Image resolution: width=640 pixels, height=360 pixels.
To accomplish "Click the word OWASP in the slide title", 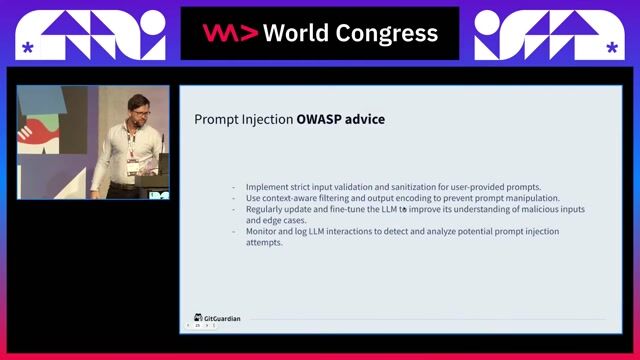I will pyautogui.click(x=318, y=120).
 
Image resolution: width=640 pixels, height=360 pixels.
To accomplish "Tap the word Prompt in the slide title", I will pyautogui.click(x=215, y=120).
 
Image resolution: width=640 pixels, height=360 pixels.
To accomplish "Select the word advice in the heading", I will pyautogui.click(x=365, y=120).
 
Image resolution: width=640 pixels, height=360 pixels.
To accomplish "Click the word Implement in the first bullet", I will pyautogui.click(x=268, y=187).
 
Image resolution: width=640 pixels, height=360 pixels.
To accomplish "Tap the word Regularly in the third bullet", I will pyautogui.click(x=267, y=209).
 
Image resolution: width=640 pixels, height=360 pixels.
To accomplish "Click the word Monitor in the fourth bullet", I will pyautogui.click(x=264, y=231).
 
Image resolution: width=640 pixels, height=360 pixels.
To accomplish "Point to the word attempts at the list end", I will pyautogui.click(x=265, y=242).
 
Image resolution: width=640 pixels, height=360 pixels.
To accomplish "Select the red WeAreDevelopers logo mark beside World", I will pyautogui.click(x=231, y=33).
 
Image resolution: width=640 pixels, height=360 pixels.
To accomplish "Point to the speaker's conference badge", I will pyautogui.click(x=132, y=165).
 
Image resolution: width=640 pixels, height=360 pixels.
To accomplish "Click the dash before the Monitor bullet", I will pyautogui.click(x=234, y=231).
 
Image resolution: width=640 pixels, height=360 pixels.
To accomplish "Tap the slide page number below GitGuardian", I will pyautogui.click(x=198, y=326).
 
